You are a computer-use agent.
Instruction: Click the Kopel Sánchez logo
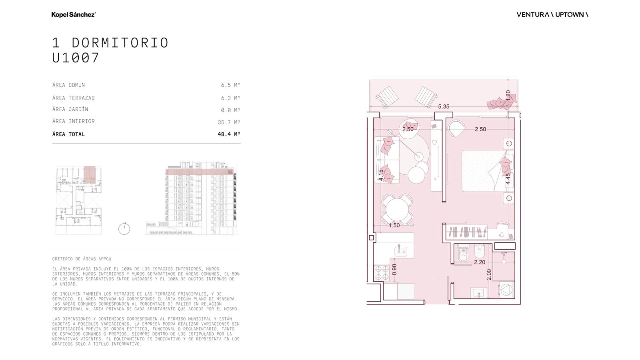74,14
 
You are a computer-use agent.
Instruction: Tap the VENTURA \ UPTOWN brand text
552,14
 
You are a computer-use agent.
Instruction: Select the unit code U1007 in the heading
76,58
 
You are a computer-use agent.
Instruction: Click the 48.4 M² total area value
229,134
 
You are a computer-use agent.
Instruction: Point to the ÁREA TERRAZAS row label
74,98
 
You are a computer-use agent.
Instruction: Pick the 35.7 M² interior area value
229,122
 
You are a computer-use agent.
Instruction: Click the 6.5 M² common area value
230,85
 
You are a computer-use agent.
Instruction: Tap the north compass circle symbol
124,229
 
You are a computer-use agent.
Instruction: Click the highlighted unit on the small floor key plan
90,174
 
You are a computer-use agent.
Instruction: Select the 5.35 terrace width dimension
444,106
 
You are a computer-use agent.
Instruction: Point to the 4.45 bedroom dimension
508,179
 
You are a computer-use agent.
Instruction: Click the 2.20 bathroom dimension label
480,262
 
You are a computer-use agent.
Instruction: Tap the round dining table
397,209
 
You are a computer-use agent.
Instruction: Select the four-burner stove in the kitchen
382,273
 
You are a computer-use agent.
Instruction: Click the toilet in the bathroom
463,252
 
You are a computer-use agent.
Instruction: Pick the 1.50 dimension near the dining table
394,226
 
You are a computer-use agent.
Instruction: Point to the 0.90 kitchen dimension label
394,270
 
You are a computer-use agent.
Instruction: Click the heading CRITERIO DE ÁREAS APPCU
82,259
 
